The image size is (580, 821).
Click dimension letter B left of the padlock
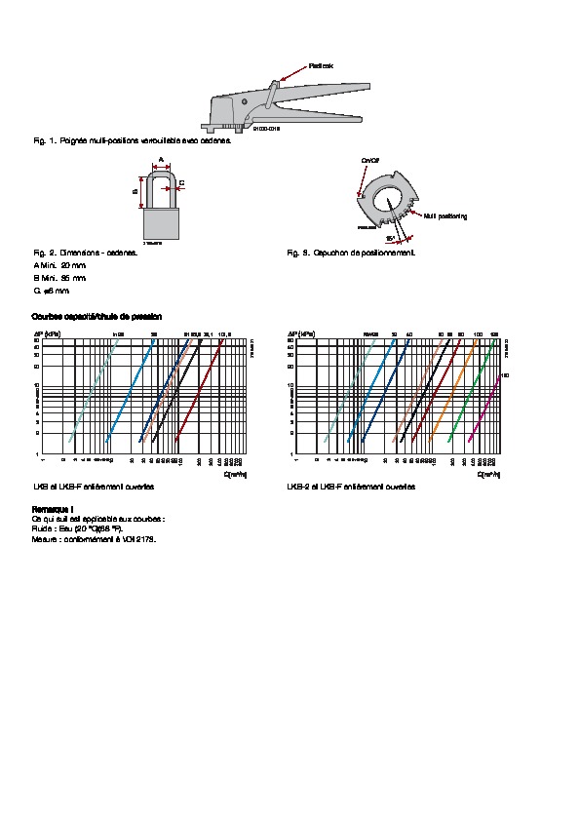tap(135, 191)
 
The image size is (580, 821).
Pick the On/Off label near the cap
tap(369, 158)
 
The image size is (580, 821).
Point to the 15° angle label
tap(389, 238)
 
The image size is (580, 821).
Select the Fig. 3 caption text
tap(351, 253)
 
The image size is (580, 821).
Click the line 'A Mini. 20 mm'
tap(59, 265)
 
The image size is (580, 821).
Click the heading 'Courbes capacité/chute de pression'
tap(97, 317)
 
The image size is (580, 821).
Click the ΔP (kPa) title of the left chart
tap(47, 333)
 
